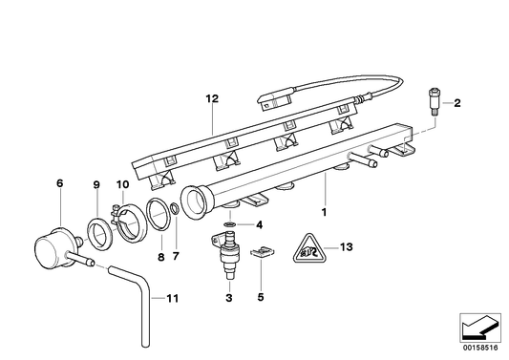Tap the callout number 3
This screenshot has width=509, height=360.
pyautogui.click(x=229, y=299)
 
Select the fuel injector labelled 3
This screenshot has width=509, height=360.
pyautogui.click(x=229, y=259)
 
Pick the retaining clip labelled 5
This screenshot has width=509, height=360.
pyautogui.click(x=262, y=253)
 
